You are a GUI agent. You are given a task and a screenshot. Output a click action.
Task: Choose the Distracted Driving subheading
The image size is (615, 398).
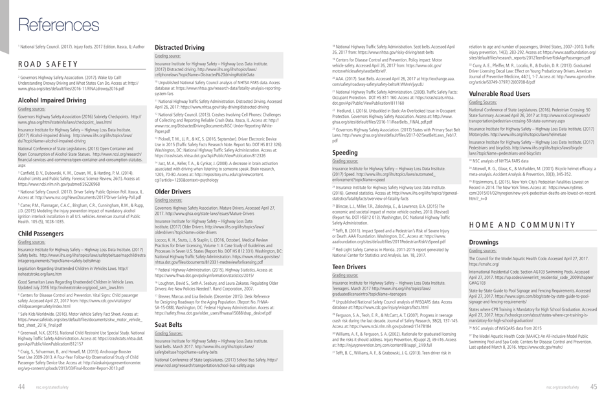coord(179,47)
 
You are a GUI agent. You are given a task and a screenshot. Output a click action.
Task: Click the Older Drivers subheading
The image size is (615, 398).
coord(173,192)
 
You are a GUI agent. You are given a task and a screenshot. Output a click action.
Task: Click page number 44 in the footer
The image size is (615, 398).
coord(21,386)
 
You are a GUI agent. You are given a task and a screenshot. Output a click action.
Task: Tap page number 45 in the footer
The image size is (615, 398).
coord(594,386)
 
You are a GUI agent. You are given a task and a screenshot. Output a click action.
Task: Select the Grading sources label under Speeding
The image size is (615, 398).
coord(344,161)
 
